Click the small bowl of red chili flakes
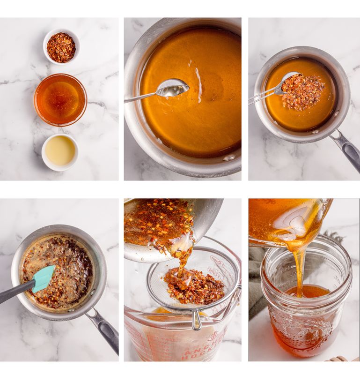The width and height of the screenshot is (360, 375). click(x=61, y=46)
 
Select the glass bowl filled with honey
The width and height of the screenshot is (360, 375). click(x=60, y=99)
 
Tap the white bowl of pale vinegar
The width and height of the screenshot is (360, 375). click(x=60, y=151)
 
